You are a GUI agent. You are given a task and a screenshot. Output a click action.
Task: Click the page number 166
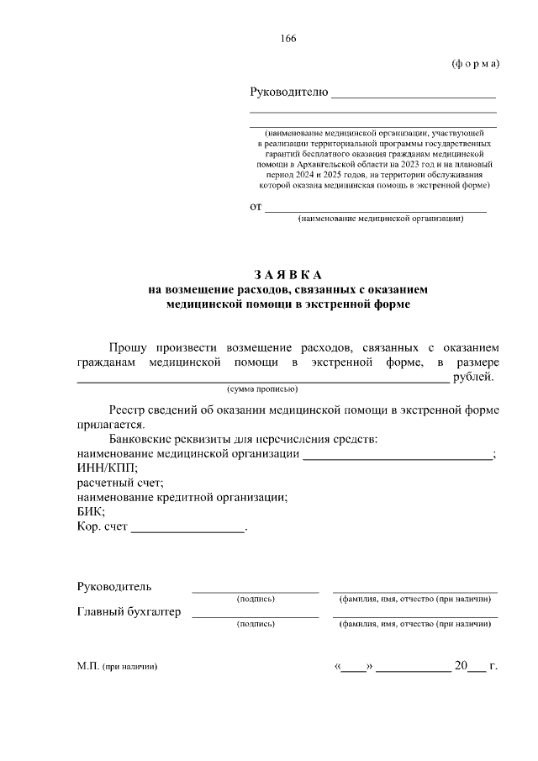[x=289, y=39]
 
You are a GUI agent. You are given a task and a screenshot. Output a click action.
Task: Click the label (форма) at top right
[x=475, y=65]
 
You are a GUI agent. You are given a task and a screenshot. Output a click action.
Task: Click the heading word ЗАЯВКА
[x=288, y=275]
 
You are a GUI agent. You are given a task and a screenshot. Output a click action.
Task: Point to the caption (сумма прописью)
[x=261, y=389]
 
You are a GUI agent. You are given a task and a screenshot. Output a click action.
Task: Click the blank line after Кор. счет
[x=187, y=530]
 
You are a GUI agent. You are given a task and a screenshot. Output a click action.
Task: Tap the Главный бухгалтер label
[x=129, y=612]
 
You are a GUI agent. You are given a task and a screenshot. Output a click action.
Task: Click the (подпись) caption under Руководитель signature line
[x=256, y=599]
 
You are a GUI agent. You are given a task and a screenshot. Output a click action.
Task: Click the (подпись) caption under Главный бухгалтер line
[x=256, y=625]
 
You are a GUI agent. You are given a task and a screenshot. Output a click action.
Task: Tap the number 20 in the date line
[x=460, y=666]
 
